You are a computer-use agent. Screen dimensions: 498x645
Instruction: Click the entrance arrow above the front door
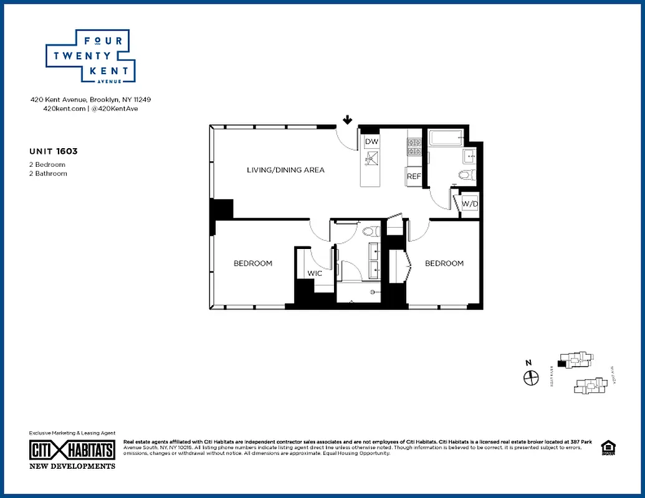[347, 120]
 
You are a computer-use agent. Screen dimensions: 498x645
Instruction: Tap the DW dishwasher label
[371, 142]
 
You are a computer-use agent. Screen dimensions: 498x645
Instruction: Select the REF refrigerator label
[414, 176]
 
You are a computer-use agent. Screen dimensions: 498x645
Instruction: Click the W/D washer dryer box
[469, 203]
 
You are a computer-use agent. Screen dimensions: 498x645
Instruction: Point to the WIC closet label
[314, 273]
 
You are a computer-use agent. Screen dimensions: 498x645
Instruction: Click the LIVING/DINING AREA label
[285, 170]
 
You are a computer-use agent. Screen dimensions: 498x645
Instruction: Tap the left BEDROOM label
[253, 263]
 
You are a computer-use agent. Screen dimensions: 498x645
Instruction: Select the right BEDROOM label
[444, 263]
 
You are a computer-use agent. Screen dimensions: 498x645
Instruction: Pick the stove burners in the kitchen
[414, 146]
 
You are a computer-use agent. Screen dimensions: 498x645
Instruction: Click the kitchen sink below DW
[371, 161]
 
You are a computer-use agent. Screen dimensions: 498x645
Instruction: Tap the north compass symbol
[531, 377]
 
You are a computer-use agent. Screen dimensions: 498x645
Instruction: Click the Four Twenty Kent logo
[91, 56]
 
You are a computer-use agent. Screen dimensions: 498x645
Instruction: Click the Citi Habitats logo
[72, 450]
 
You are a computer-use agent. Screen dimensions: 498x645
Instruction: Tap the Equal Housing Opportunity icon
[607, 448]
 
